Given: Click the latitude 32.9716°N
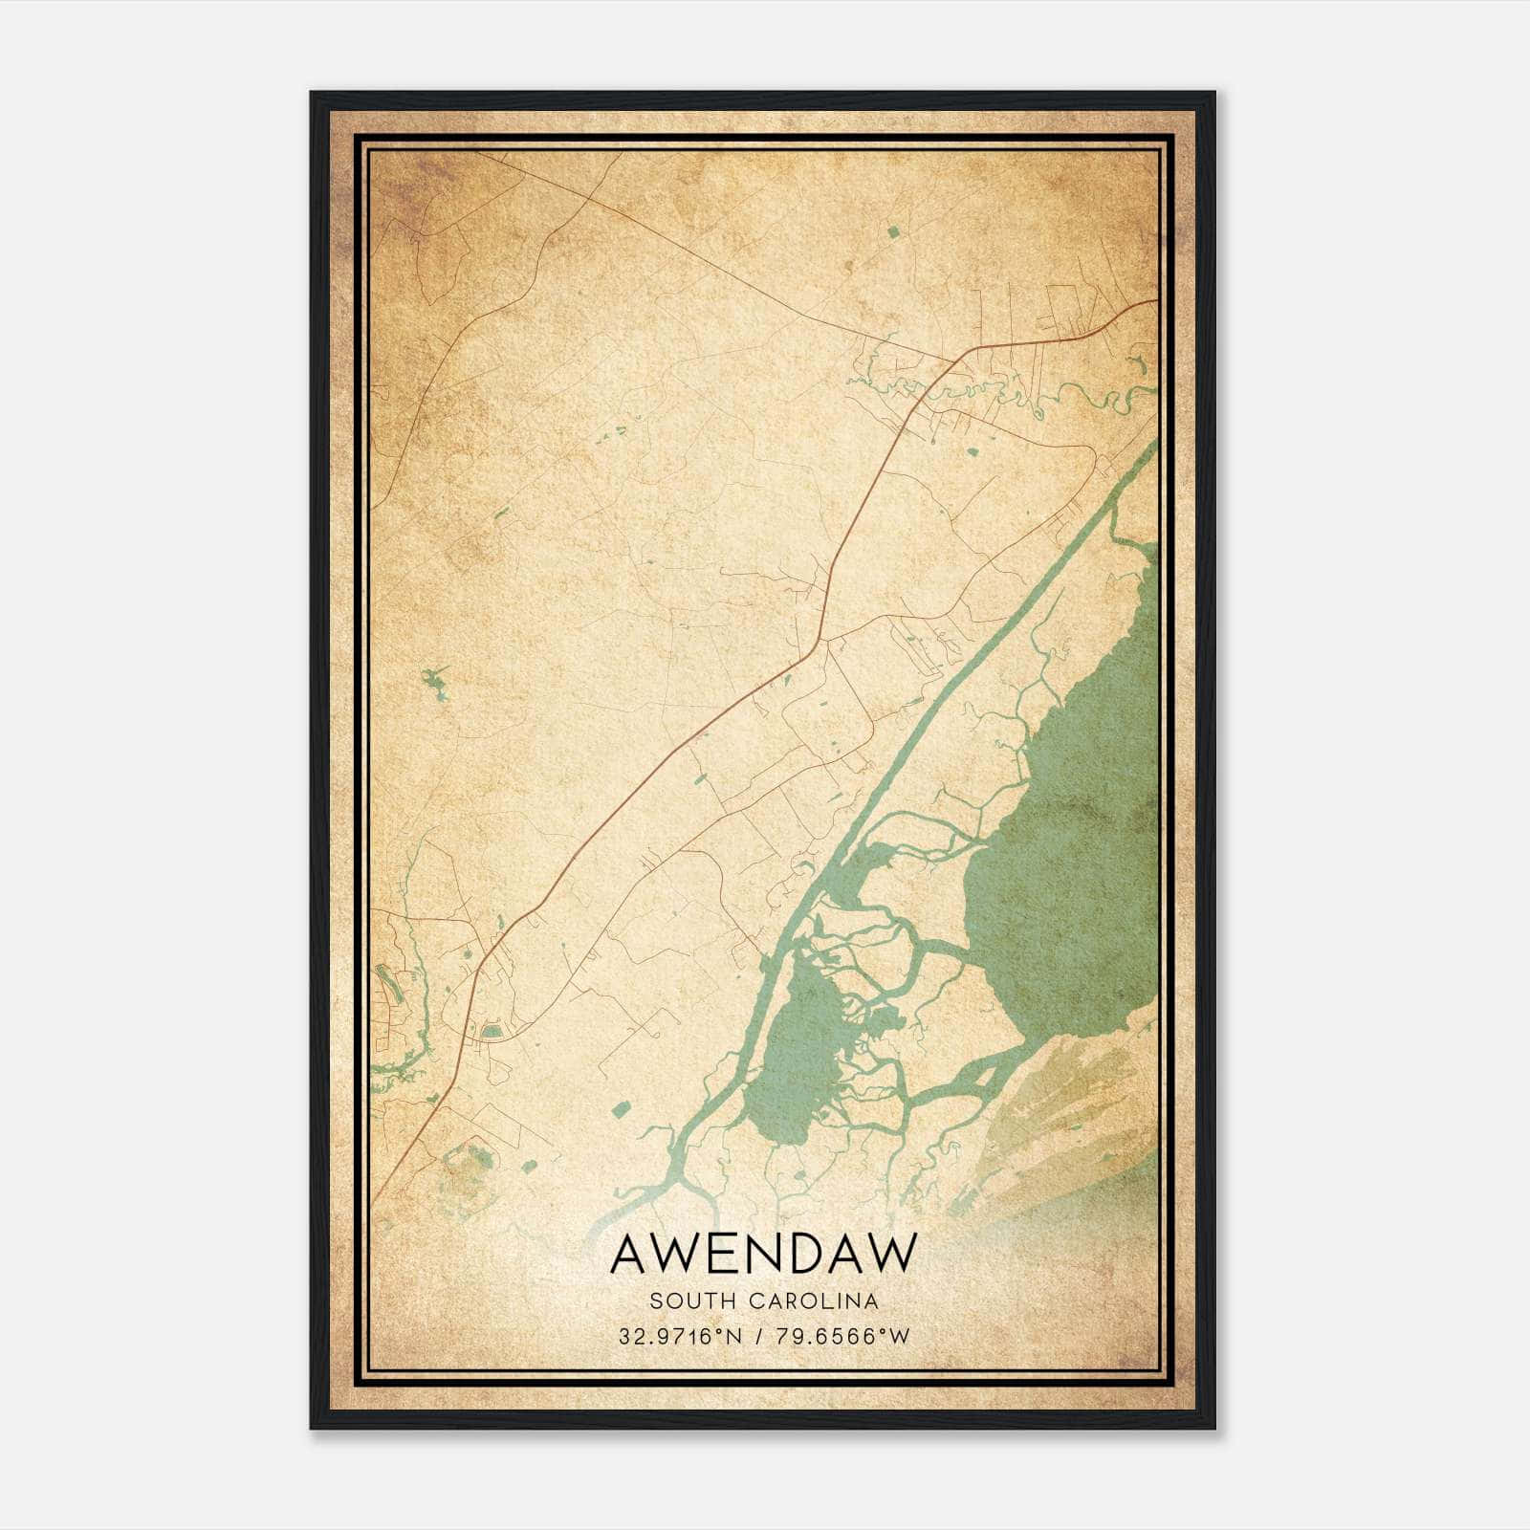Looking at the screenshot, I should [679, 1337].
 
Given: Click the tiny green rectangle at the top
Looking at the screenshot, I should [893, 231].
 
